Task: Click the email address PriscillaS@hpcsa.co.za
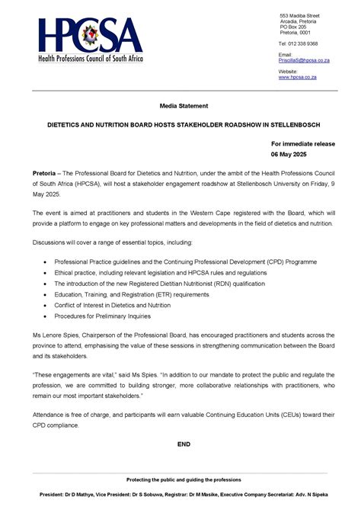point(304,60)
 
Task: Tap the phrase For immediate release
point(302,143)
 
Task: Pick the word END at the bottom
point(184,443)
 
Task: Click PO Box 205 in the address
point(294,27)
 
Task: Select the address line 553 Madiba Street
point(299,15)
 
